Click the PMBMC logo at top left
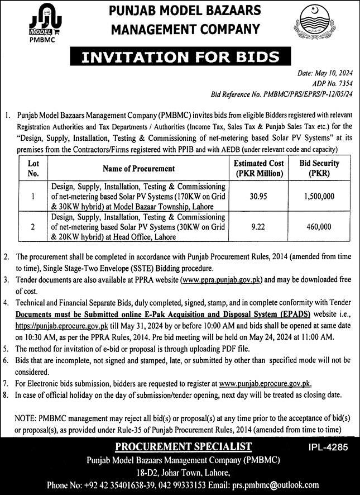click(x=45, y=25)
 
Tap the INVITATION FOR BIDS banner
click(x=180, y=57)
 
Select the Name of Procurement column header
click(x=138, y=168)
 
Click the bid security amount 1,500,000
click(x=319, y=196)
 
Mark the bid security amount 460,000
click(x=319, y=227)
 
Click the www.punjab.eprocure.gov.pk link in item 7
click(x=265, y=384)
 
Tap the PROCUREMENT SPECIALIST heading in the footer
click(x=180, y=446)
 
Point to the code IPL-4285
click(x=328, y=448)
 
